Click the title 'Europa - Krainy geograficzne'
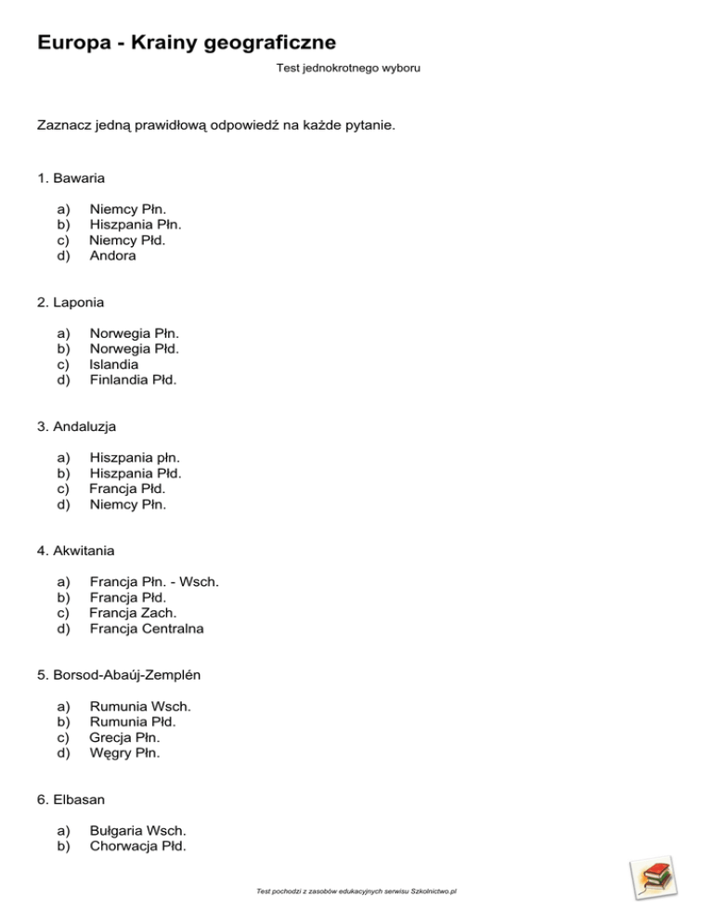[187, 43]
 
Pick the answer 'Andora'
[112, 255]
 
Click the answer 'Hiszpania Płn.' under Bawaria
[135, 224]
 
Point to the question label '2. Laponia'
[65, 302]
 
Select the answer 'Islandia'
[114, 364]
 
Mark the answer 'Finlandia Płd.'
[133, 380]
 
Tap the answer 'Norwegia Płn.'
[134, 332]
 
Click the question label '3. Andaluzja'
[71, 426]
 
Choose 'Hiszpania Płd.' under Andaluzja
[135, 473]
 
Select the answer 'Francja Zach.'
[133, 613]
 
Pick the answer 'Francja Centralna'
[147, 629]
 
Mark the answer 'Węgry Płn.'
[124, 753]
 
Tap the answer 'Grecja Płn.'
[124, 737]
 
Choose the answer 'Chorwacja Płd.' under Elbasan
[137, 846]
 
